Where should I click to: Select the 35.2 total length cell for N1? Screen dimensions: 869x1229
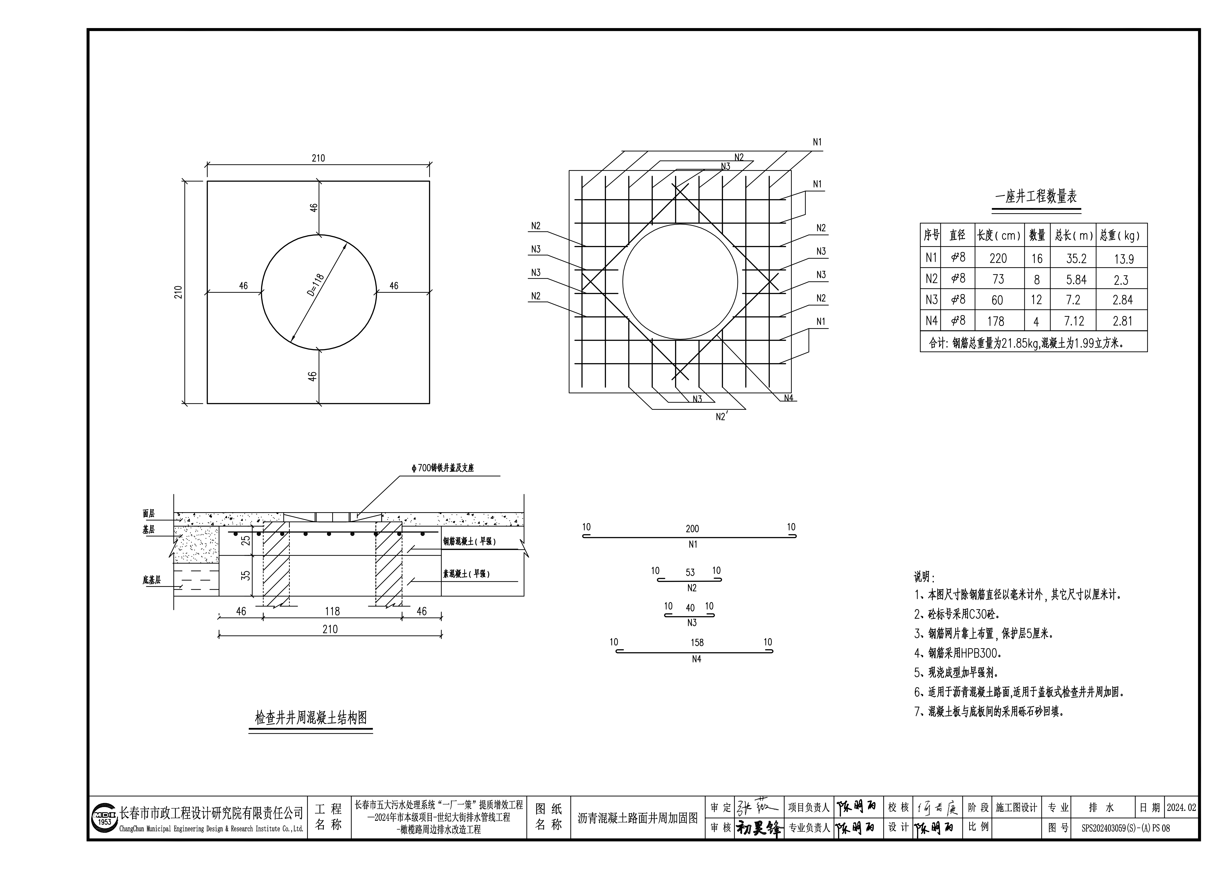1076,259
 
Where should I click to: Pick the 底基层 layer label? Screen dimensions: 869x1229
151,580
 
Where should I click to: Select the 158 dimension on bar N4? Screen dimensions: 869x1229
697,643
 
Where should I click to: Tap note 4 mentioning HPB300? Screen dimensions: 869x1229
957,653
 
